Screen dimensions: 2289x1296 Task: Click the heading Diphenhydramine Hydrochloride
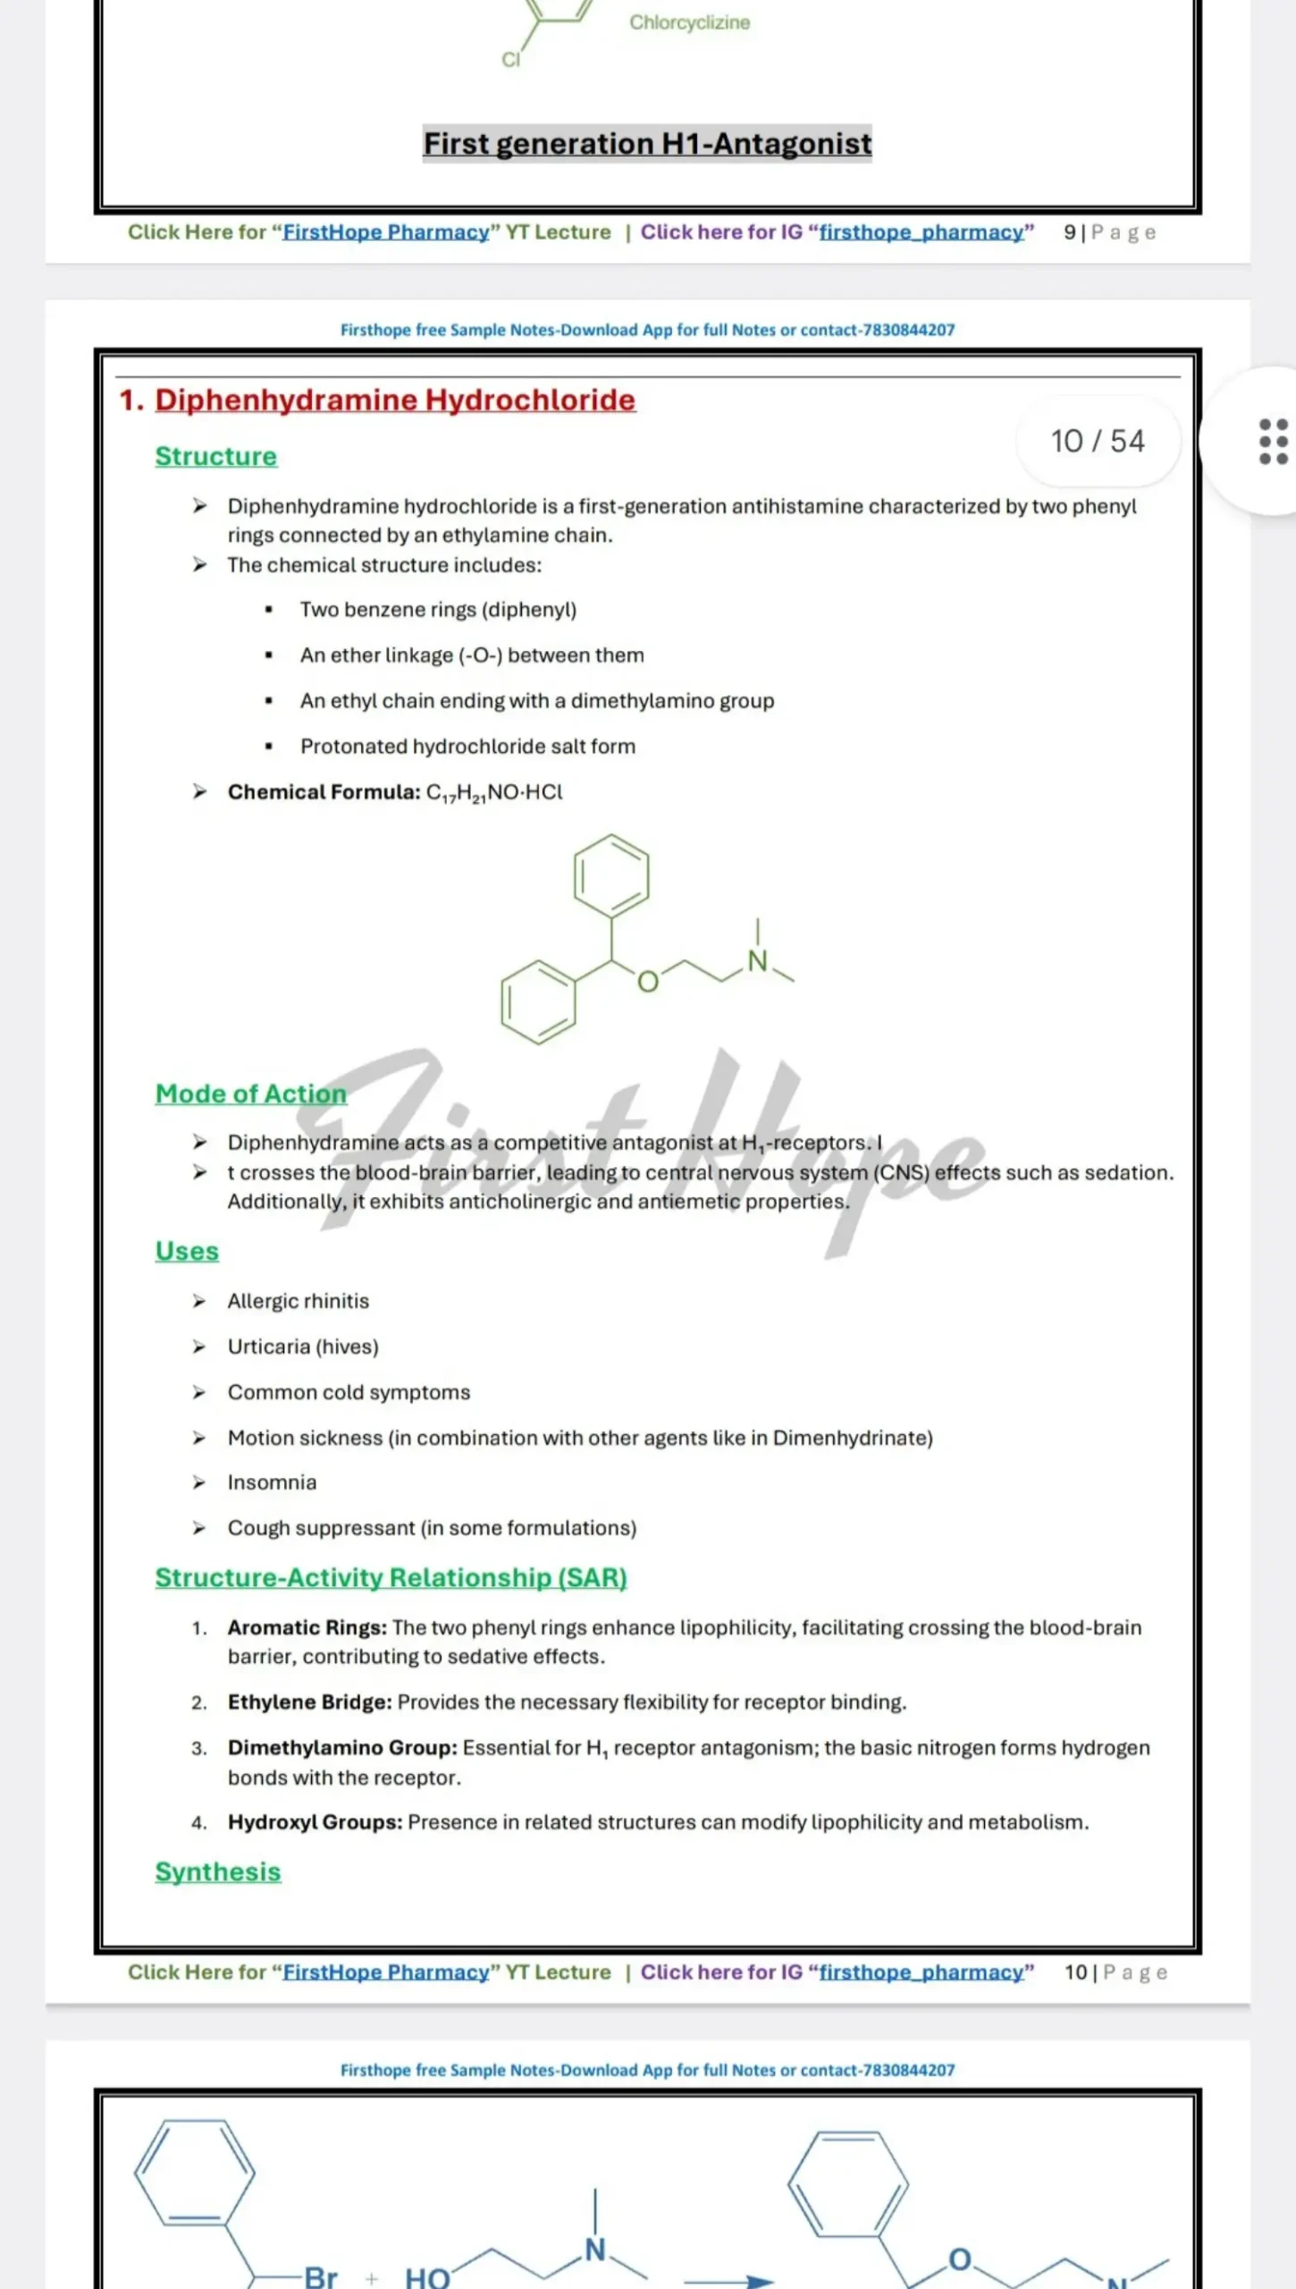[394, 400]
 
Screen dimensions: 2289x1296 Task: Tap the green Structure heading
[215, 456]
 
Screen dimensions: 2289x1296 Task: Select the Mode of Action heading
[250, 1094]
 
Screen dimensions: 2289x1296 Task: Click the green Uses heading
[187, 1251]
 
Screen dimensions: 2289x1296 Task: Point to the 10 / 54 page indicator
[1097, 441]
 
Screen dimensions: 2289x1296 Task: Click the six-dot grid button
[1273, 442]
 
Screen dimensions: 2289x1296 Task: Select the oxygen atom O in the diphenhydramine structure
[648, 982]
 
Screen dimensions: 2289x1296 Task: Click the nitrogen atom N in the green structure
[757, 962]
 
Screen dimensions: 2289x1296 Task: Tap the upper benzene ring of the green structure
[611, 876]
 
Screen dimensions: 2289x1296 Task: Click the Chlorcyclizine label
[689, 22]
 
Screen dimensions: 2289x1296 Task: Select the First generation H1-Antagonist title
[647, 143]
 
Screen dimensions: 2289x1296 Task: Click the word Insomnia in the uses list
[272, 1482]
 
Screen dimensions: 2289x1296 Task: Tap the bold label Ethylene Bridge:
[309, 1702]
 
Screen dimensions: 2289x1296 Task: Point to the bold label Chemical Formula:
[324, 792]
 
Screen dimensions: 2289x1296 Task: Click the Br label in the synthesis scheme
[320, 2276]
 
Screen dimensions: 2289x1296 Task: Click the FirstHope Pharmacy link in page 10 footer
[386, 1972]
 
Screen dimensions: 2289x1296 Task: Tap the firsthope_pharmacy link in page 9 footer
[921, 232]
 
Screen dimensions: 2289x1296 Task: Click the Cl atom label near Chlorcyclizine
[510, 60]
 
